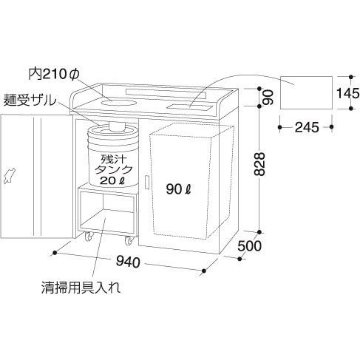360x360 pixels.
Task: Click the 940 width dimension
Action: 128,262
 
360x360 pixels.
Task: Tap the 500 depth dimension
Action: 249,246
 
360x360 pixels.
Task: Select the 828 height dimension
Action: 259,164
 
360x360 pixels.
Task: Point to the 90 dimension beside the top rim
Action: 269,98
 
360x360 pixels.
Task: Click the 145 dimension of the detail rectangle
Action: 347,93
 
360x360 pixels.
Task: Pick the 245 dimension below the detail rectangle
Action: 307,127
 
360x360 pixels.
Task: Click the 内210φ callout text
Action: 53,74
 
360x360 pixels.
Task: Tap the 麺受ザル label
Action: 30,101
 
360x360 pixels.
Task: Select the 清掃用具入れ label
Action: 81,288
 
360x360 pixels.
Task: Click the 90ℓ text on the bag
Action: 179,189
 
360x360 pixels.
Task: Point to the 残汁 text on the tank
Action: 112,160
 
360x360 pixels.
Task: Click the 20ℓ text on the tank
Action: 112,181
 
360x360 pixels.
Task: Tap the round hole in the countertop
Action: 118,101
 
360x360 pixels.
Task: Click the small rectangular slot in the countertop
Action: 189,107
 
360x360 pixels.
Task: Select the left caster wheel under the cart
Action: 89,237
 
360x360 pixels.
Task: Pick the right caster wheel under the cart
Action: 129,240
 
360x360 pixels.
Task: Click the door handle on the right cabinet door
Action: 146,183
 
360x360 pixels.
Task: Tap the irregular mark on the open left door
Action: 9,176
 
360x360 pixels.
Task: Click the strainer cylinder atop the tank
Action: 117,126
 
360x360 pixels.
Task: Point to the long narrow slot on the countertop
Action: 166,94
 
